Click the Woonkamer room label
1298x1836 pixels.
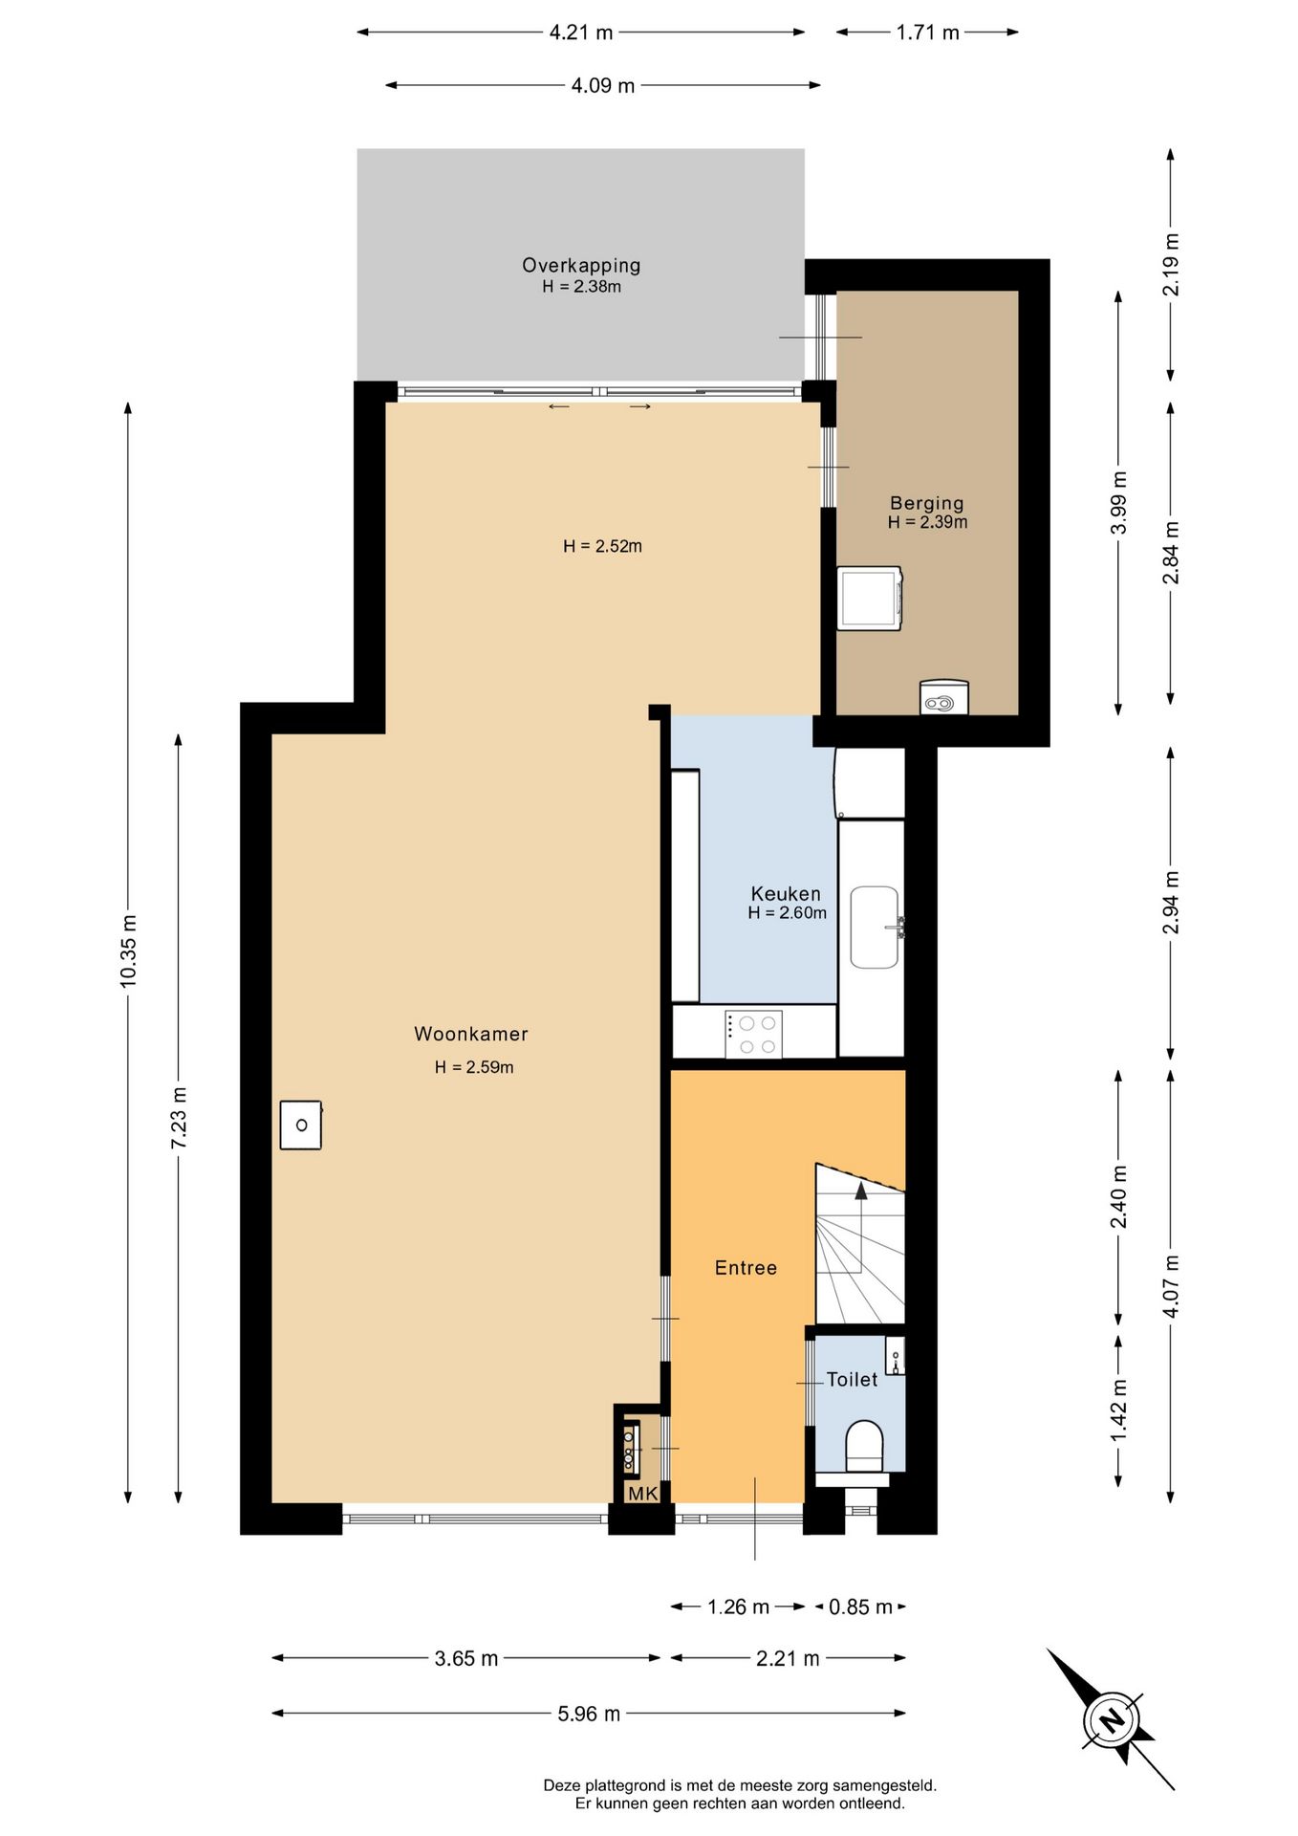[x=470, y=1034]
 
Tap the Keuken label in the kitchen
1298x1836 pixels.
[x=786, y=894]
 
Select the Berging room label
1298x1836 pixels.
[x=926, y=503]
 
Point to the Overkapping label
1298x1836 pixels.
[x=581, y=266]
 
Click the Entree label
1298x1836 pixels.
[x=746, y=1268]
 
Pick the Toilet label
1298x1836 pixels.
[x=852, y=1379]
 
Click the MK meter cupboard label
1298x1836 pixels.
[x=643, y=1493]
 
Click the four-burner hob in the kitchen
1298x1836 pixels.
[x=753, y=1034]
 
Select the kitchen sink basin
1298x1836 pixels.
[x=875, y=927]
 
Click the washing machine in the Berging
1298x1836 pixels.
[x=869, y=599]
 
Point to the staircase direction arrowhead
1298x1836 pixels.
[x=861, y=1190]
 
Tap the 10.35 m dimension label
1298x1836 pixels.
[x=128, y=951]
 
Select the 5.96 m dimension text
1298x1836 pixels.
[x=589, y=1713]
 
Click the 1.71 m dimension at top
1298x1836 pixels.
[x=927, y=33]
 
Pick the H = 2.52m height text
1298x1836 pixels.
[x=602, y=546]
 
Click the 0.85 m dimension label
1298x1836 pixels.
[x=860, y=1606]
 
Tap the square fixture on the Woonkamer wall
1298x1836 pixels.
[x=301, y=1125]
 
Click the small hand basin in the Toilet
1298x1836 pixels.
[x=895, y=1356]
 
